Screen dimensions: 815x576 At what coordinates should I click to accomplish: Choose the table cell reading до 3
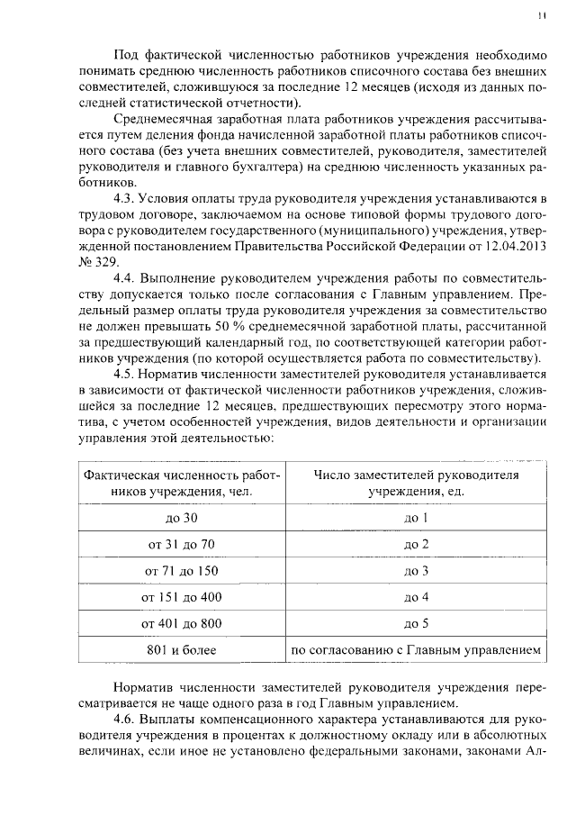(x=415, y=570)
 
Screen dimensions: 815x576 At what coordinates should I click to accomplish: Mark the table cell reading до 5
(x=415, y=622)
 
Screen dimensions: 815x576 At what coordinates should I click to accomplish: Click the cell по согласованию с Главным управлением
(x=415, y=649)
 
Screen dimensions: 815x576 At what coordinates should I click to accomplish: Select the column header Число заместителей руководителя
(x=415, y=475)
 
